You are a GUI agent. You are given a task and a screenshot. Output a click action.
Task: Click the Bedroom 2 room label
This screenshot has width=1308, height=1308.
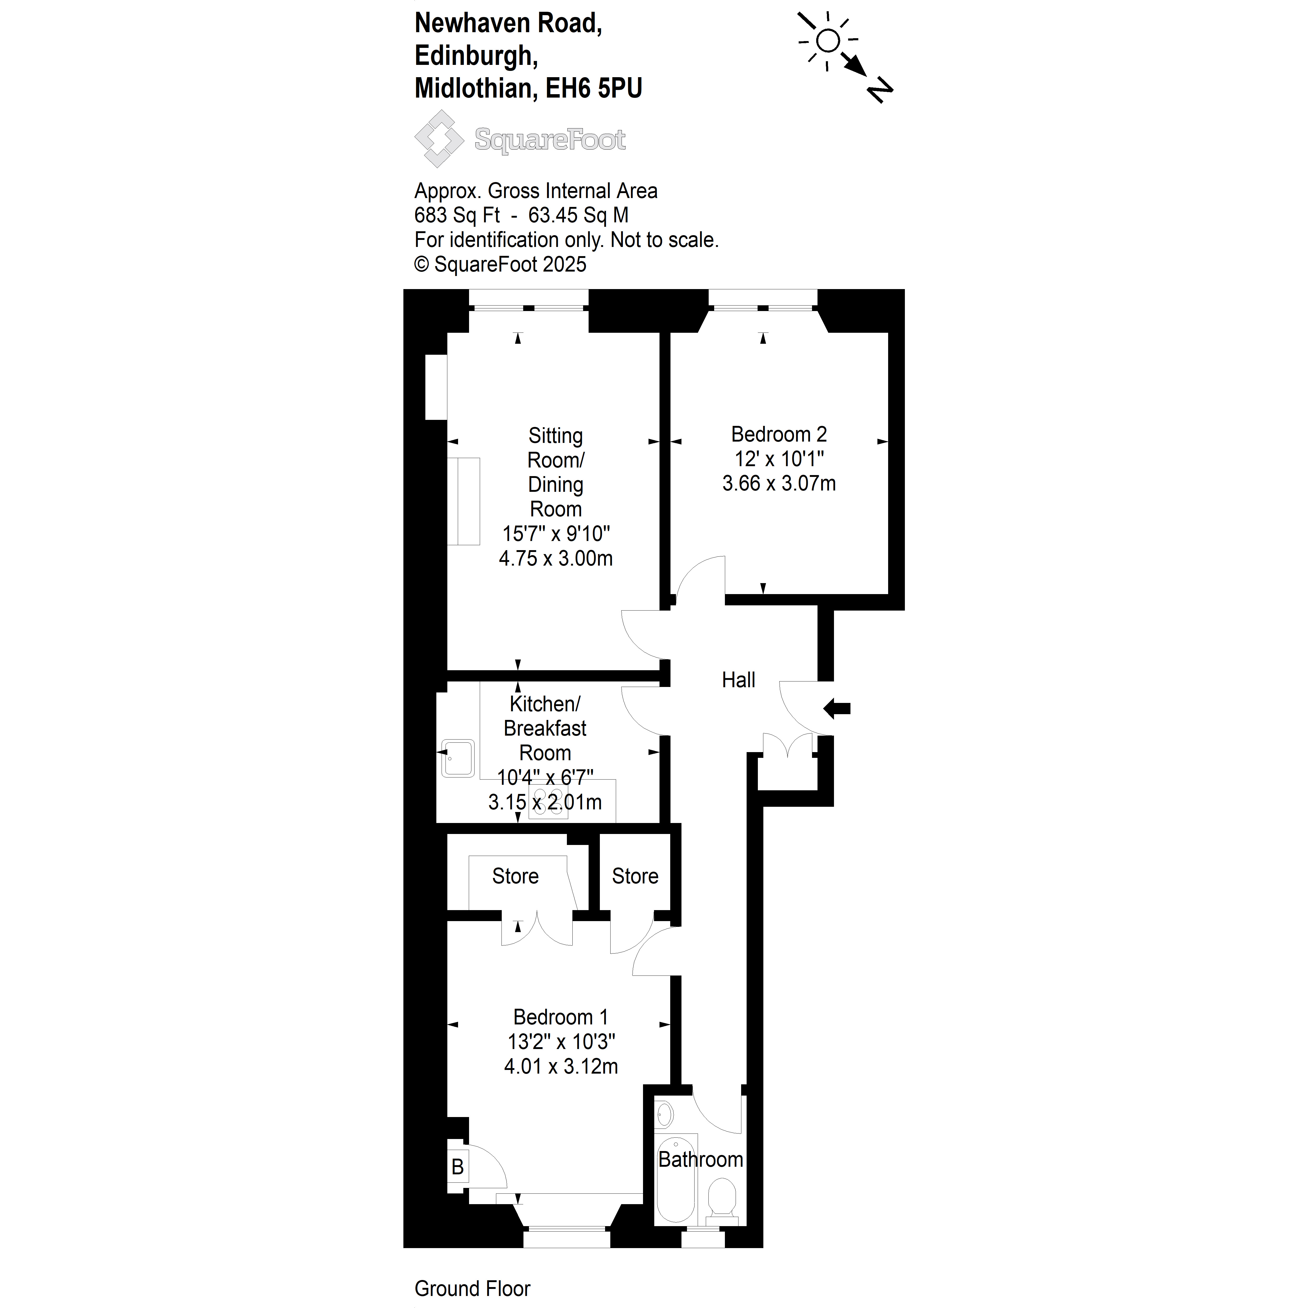(x=779, y=434)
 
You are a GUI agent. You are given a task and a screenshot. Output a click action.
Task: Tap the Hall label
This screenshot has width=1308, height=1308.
(x=738, y=680)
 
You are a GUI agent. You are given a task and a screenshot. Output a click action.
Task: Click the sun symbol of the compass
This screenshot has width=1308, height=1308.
(x=827, y=41)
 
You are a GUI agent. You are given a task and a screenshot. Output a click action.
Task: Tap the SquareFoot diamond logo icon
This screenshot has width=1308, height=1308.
(x=439, y=139)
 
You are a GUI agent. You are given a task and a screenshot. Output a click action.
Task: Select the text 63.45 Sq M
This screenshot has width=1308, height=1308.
(x=578, y=215)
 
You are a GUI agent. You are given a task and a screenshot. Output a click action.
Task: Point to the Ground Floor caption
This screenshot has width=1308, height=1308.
(x=472, y=1288)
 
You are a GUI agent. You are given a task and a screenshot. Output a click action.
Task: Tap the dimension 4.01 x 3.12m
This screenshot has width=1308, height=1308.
(x=561, y=1066)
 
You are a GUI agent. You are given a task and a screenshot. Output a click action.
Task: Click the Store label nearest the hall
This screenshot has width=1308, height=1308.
(x=635, y=876)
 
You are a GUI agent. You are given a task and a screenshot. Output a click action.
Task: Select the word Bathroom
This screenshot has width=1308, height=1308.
(x=701, y=1160)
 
